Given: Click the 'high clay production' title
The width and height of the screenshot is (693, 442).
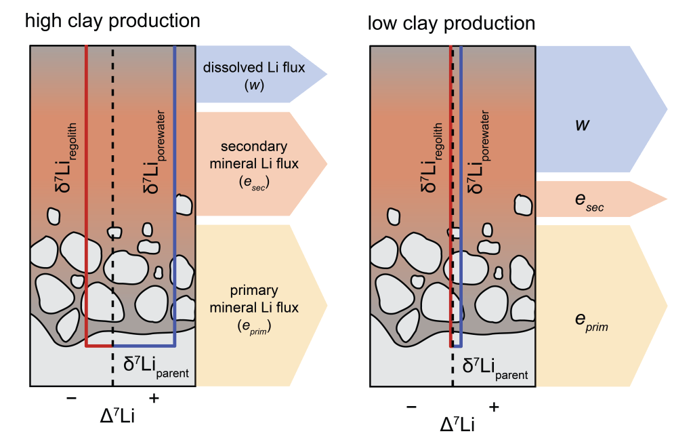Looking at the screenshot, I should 112,21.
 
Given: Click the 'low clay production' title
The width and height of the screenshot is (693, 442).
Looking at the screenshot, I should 451,24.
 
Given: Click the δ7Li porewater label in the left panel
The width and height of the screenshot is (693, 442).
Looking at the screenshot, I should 150,153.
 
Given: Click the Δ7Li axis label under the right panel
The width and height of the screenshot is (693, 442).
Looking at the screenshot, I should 457,424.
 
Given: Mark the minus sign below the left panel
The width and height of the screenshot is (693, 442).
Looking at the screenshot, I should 71,399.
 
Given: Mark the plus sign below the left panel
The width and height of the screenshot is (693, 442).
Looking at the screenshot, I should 154,399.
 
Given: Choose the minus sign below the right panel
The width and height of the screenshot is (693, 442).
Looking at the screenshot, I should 411,407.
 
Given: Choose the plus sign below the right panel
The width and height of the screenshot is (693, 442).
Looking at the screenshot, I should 494,407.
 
